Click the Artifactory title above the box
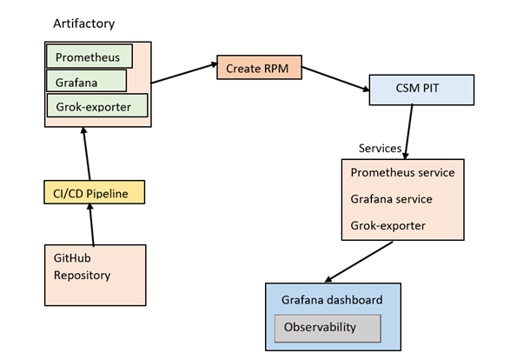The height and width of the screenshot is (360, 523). (84, 23)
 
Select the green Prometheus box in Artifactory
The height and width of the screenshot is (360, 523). (89, 57)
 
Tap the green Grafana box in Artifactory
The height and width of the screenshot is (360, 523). (86, 81)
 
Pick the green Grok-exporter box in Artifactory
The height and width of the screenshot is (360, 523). (96, 105)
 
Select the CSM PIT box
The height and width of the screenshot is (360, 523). (421, 89)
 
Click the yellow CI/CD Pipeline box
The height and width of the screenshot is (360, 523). (94, 191)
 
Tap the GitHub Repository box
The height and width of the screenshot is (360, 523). (95, 275)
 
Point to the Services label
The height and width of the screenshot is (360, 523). (380, 149)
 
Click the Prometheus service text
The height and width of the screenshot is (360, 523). (402, 172)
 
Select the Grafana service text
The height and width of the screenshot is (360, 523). (391, 198)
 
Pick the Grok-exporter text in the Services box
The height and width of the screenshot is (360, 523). (388, 224)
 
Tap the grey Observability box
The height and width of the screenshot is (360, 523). (328, 327)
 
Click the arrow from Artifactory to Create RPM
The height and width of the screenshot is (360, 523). (184, 75)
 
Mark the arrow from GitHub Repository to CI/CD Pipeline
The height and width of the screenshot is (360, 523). (92, 224)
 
